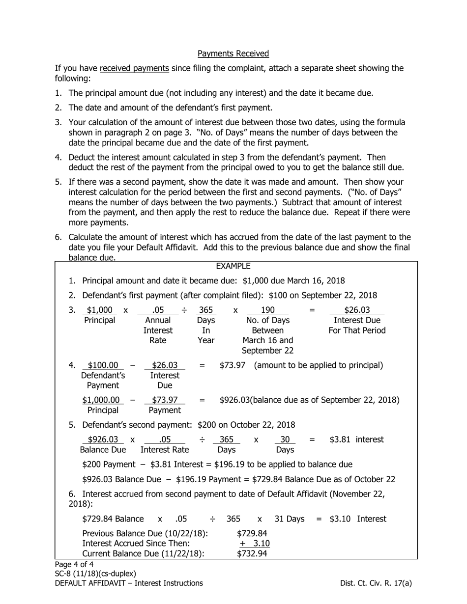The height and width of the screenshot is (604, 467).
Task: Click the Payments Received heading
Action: click(233, 53)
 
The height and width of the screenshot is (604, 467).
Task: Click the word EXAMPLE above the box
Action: click(233, 266)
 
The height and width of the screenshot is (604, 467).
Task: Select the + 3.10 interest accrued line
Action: click(255, 543)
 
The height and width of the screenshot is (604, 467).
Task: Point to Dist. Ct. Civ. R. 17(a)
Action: click(376, 583)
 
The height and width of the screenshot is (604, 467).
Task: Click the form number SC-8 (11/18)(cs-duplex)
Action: click(95, 574)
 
